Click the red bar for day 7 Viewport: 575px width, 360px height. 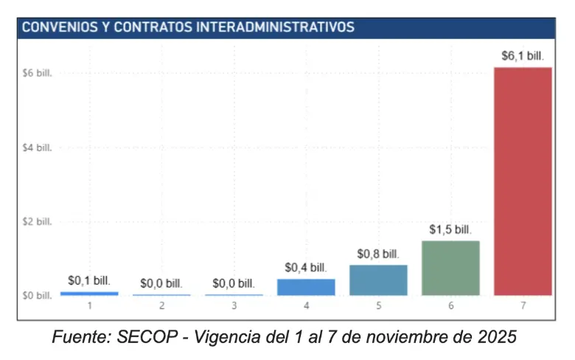coord(523,181)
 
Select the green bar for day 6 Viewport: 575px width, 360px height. coord(450,268)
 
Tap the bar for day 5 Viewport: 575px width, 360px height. coord(378,280)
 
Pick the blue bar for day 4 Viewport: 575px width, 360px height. coord(306,287)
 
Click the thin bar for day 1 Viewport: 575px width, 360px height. coord(89,294)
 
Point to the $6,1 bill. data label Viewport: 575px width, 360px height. coord(523,55)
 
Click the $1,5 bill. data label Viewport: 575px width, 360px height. coord(450,229)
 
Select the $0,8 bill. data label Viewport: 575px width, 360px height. coord(378,254)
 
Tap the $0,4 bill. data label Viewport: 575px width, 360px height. coord(306,268)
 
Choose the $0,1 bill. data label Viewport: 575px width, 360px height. coord(89,280)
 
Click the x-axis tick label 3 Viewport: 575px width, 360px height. coord(234,305)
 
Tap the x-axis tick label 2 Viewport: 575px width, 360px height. coord(161,305)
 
